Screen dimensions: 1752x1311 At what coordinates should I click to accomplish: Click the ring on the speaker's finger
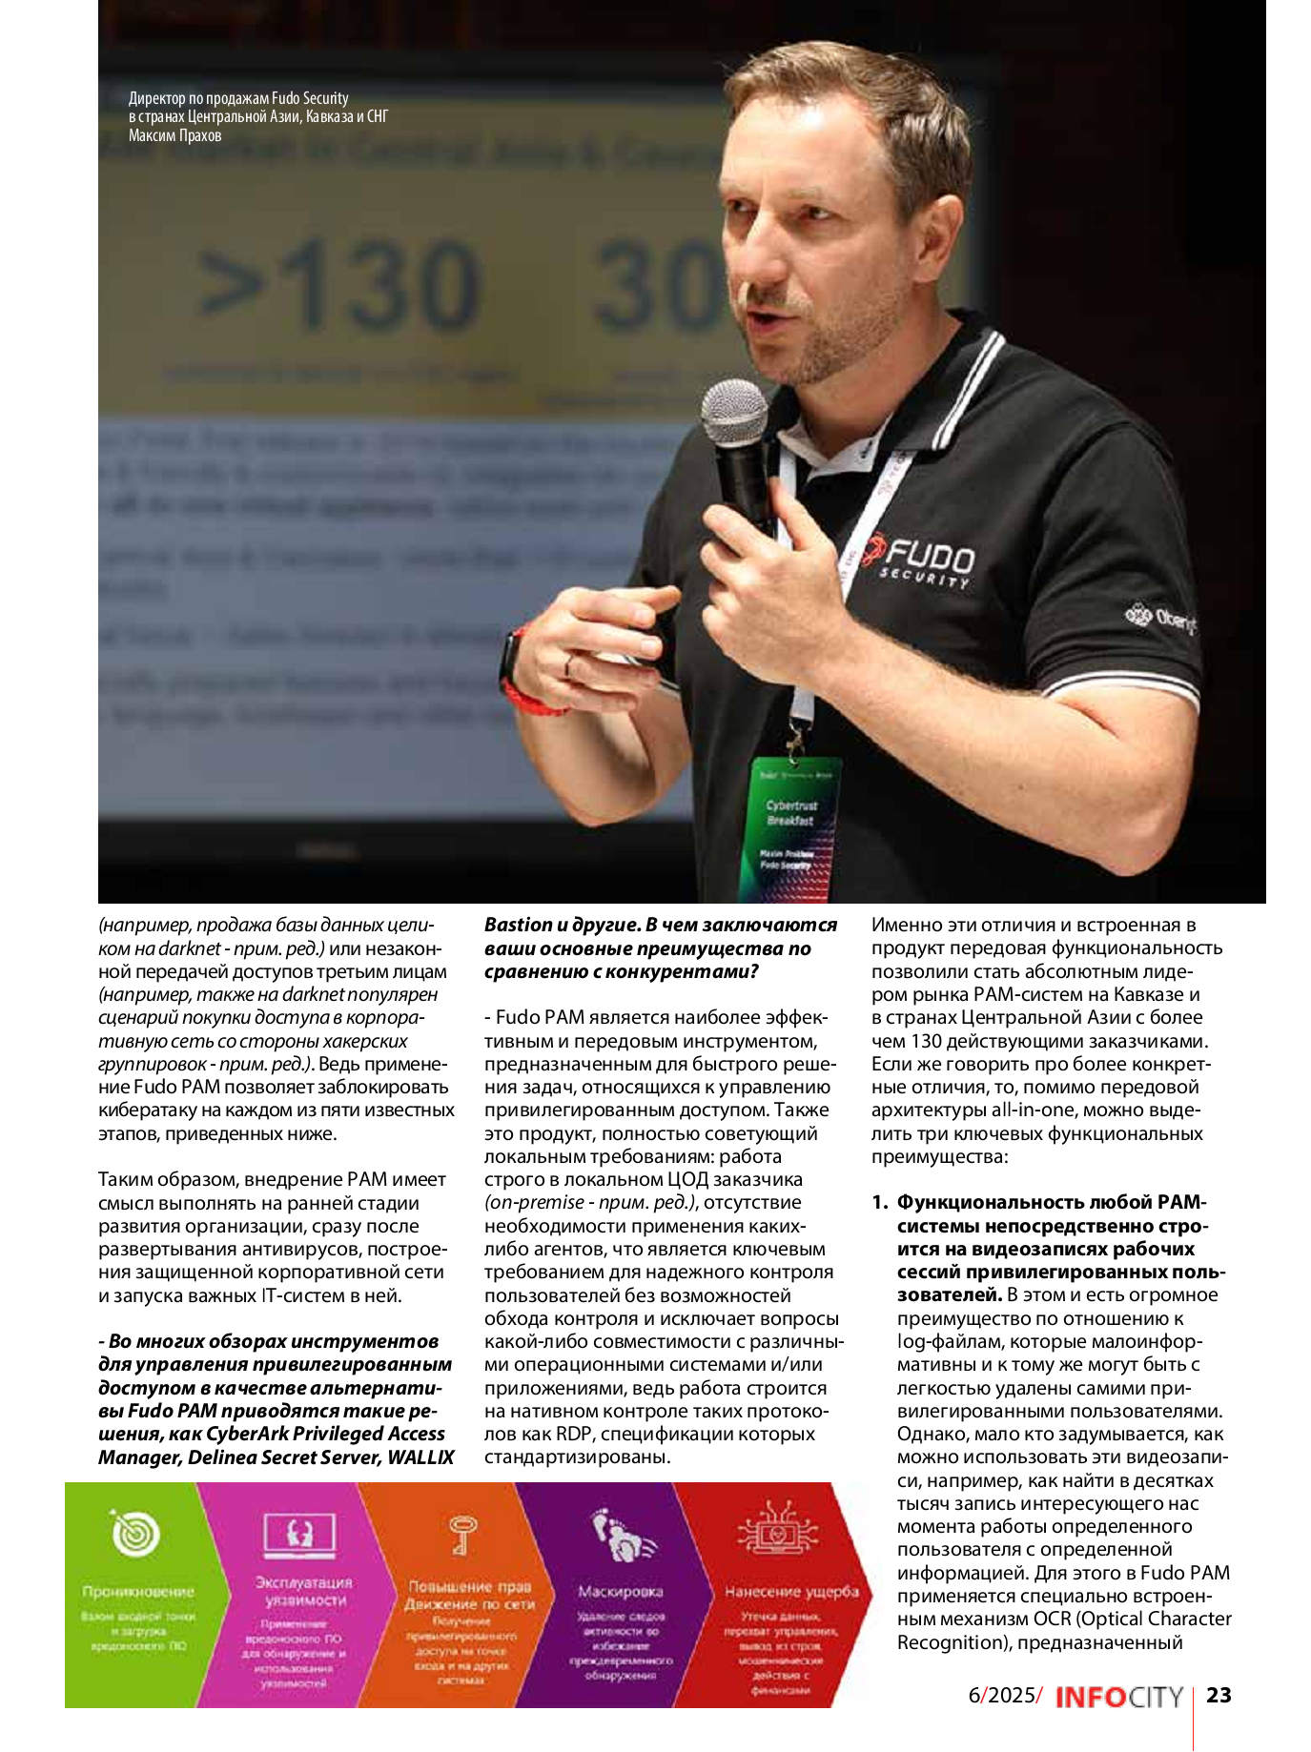pos(569,664)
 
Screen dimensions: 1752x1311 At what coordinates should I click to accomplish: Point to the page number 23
pos(1219,1695)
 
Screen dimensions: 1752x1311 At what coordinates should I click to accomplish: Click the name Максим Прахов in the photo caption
pos(174,135)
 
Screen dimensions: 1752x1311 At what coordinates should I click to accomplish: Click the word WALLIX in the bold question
pos(420,1457)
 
